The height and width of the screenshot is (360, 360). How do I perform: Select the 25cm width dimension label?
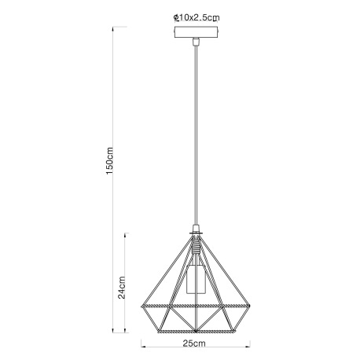[x=194, y=344]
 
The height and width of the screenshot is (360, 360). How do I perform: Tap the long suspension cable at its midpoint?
[x=193, y=134]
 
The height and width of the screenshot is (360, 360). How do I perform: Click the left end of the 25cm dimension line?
[x=142, y=343]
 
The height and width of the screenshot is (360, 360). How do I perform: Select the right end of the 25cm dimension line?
[x=246, y=343]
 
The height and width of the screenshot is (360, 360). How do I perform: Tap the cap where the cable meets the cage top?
[x=193, y=233]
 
